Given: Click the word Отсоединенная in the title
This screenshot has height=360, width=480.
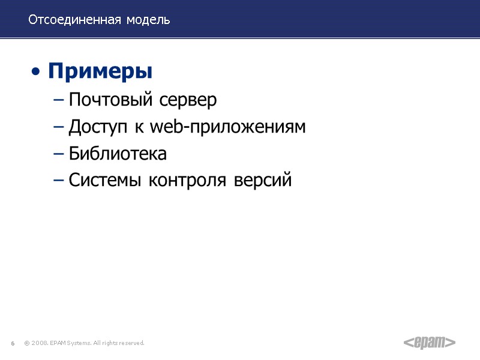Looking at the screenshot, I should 73,20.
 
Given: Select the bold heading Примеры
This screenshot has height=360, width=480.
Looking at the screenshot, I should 100,72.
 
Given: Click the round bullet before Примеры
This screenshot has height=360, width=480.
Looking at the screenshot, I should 37,73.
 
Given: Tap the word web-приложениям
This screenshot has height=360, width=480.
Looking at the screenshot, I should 227,128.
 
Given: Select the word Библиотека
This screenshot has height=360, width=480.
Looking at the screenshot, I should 118,154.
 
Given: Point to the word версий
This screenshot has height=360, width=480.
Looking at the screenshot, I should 264,180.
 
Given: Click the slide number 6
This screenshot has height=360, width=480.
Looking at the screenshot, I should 13,343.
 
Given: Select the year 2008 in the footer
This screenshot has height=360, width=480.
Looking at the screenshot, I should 40,343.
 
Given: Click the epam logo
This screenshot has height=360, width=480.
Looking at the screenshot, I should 429,343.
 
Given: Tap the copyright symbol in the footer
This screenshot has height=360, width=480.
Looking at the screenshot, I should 26,343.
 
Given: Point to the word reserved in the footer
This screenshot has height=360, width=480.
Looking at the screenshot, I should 131,343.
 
